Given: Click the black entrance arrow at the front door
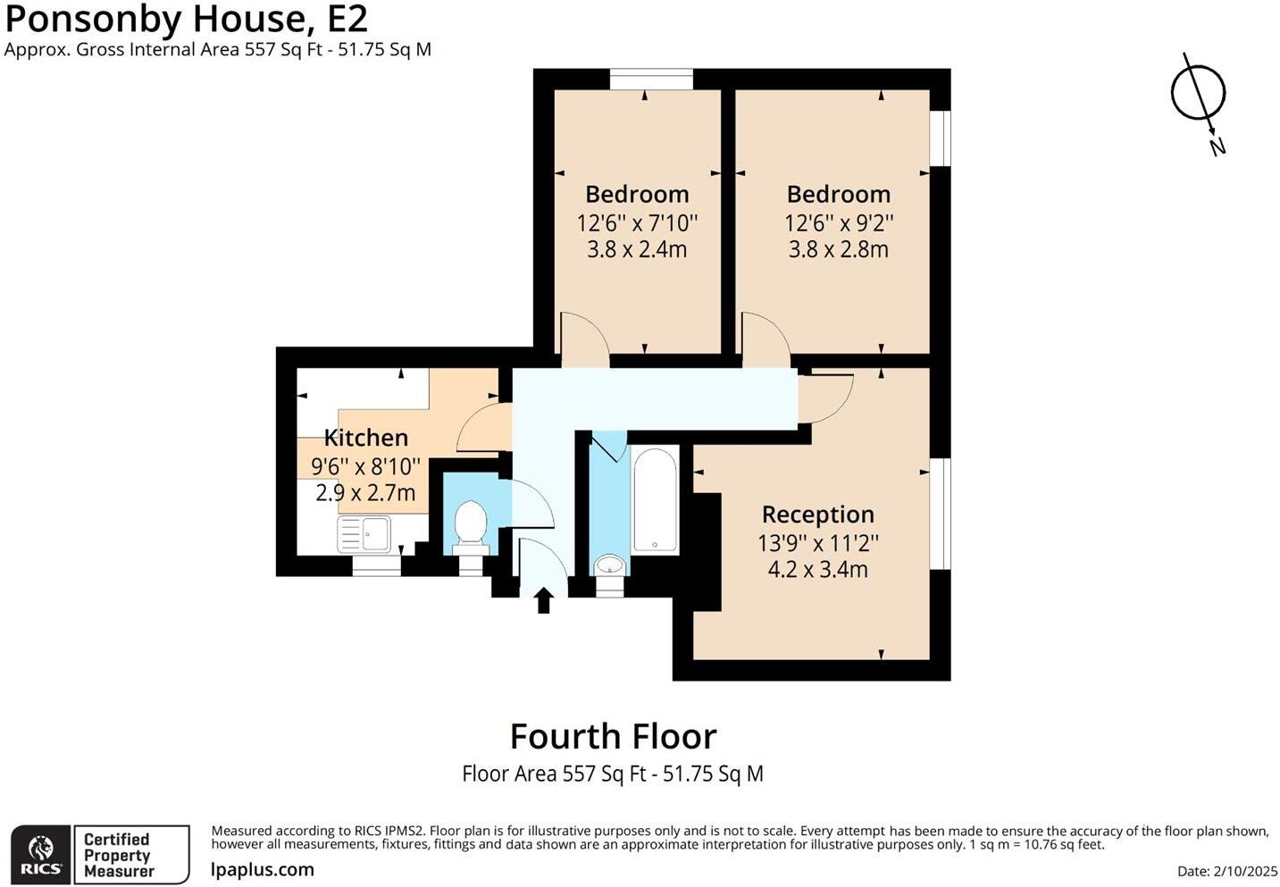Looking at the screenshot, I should [x=543, y=600].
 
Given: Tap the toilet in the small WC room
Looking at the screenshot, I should [x=470, y=524].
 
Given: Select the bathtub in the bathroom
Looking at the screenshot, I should [x=656, y=500].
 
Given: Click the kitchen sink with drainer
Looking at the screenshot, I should [x=364, y=534].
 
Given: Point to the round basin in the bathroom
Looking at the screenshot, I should [x=610, y=564].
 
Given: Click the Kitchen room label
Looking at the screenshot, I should [x=365, y=438].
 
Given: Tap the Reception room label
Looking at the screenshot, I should [x=817, y=515].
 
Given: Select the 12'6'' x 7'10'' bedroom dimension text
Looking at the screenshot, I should [x=637, y=222].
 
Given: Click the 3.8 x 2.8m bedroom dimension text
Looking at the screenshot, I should [x=838, y=249].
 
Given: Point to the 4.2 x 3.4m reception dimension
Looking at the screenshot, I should [x=817, y=569].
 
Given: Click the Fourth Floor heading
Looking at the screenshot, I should [x=613, y=737].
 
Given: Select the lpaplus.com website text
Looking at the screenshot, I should [x=263, y=870].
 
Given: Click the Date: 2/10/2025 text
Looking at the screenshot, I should [x=1227, y=871].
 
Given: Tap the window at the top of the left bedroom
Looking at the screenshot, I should [x=651, y=80].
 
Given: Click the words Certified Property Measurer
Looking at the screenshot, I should [x=119, y=855].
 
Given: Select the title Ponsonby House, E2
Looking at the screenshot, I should [x=187, y=20].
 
